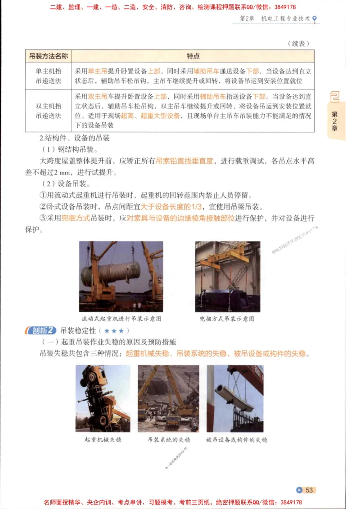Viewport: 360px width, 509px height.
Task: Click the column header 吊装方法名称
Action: click(48, 56)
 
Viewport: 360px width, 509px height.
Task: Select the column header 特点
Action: click(193, 56)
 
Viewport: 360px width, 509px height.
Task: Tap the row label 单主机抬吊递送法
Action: click(48, 76)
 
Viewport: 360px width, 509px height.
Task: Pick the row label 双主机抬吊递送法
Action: click(48, 111)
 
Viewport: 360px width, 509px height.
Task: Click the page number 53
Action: click(306, 490)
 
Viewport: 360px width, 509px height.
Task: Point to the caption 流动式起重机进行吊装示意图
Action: click(121, 318)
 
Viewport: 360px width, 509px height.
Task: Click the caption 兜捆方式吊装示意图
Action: click(227, 318)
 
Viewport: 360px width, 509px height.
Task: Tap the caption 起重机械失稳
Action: click(103, 439)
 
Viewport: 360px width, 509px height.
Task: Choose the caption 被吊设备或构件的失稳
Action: click(236, 439)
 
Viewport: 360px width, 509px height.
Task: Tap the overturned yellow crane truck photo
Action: click(103, 398)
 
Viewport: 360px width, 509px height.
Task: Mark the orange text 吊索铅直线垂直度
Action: click(184, 161)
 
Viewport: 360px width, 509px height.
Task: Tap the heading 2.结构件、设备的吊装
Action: click(75, 138)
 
